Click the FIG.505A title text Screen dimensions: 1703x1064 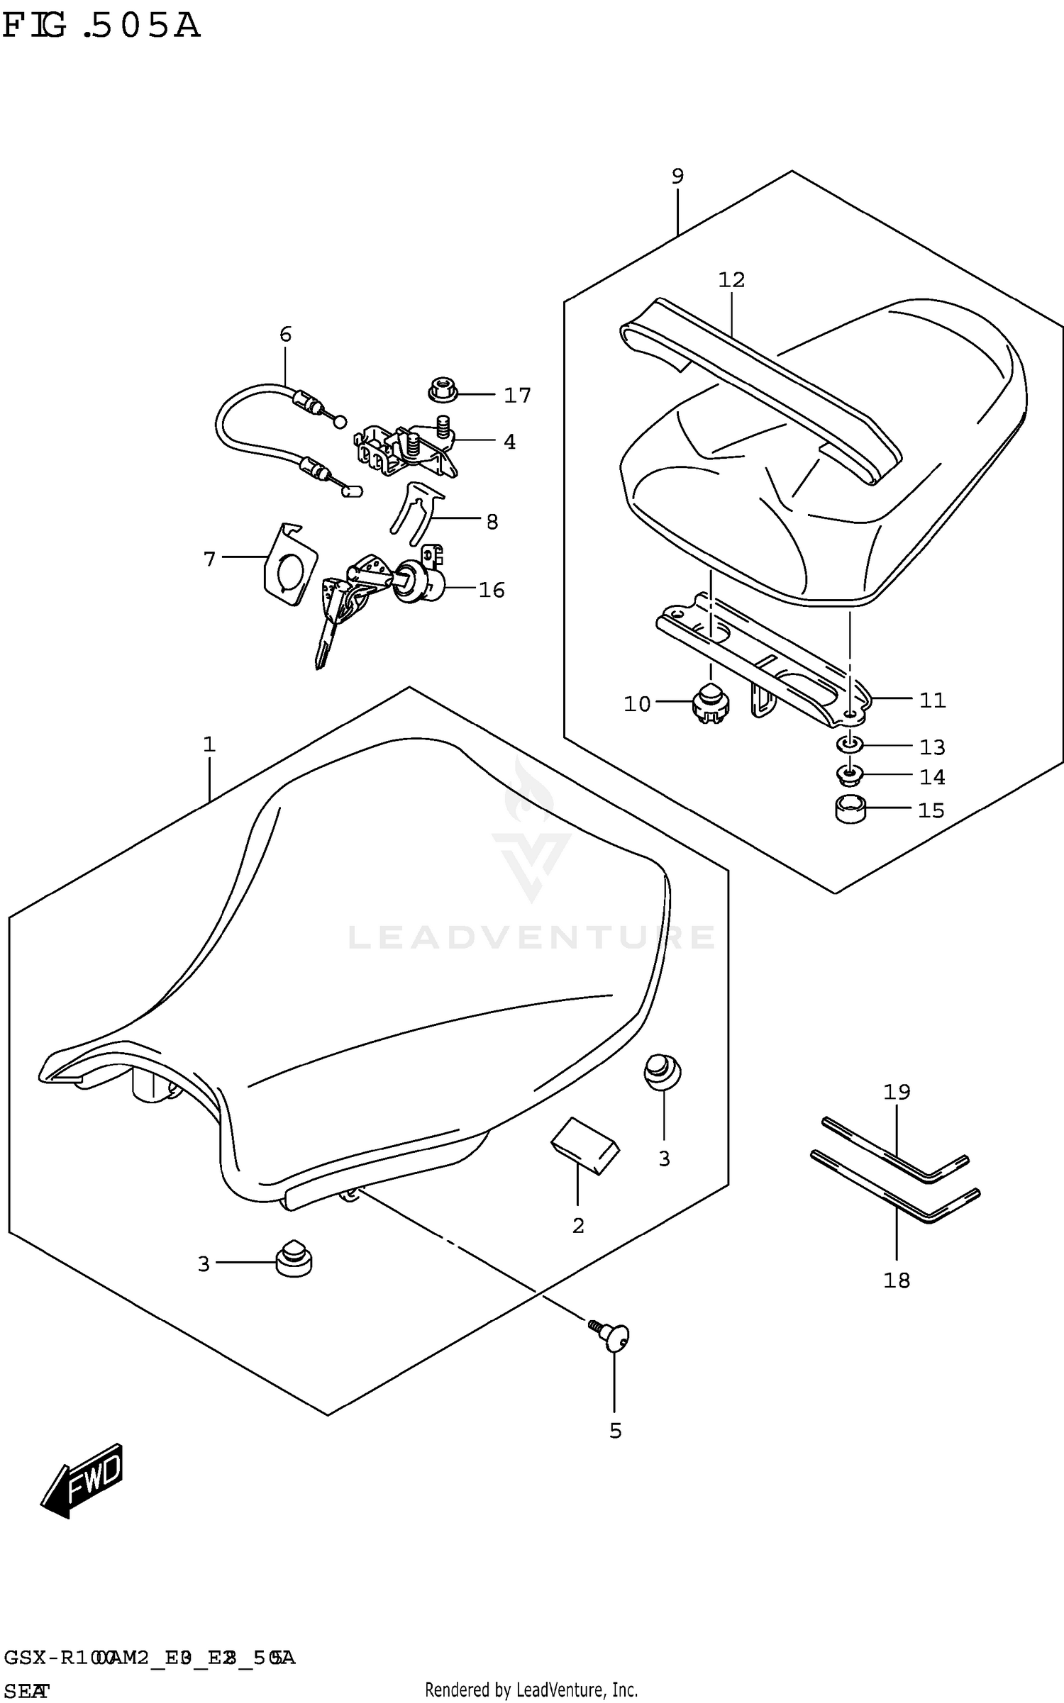point(101,26)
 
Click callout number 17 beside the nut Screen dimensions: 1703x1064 point(517,395)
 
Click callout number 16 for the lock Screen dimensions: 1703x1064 point(492,590)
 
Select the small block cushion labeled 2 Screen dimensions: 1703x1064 point(585,1146)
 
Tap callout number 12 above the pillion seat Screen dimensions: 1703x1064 point(731,280)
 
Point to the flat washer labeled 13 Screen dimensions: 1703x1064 point(850,744)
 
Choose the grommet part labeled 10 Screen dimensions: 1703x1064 point(709,704)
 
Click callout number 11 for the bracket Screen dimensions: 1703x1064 point(932,700)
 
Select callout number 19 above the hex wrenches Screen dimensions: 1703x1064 point(897,1091)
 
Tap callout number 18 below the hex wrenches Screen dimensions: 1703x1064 point(897,1280)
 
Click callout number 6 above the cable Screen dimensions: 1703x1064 point(285,334)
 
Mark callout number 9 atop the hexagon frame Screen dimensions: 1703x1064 point(677,176)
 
